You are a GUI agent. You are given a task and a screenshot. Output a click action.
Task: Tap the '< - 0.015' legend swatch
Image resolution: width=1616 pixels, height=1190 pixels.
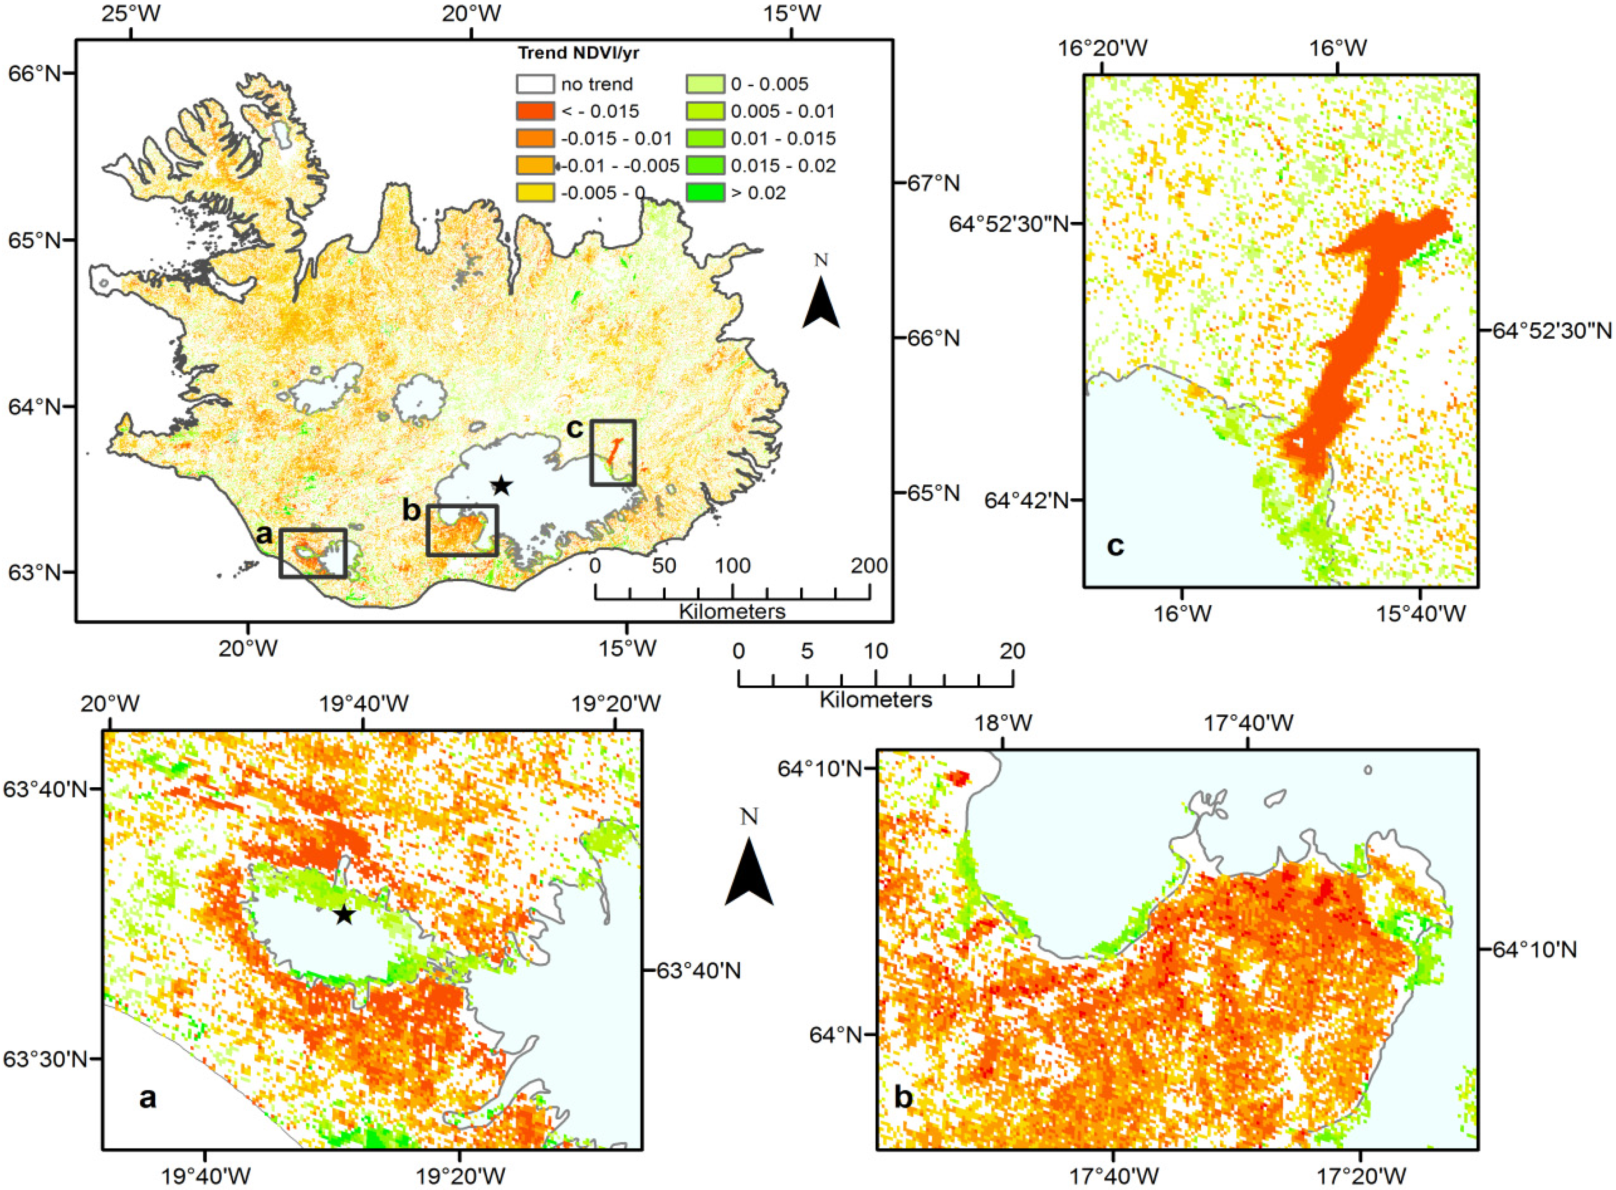pos(535,112)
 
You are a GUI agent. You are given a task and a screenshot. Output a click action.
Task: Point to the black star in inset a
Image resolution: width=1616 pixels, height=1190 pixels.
pos(344,916)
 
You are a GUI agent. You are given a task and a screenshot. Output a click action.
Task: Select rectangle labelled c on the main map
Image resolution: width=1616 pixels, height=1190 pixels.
pos(613,453)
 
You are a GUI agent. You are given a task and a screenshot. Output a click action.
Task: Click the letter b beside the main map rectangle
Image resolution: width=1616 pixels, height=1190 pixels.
pos(411,510)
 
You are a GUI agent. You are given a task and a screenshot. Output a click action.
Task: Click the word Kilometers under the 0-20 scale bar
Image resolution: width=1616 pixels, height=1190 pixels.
pos(875,700)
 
